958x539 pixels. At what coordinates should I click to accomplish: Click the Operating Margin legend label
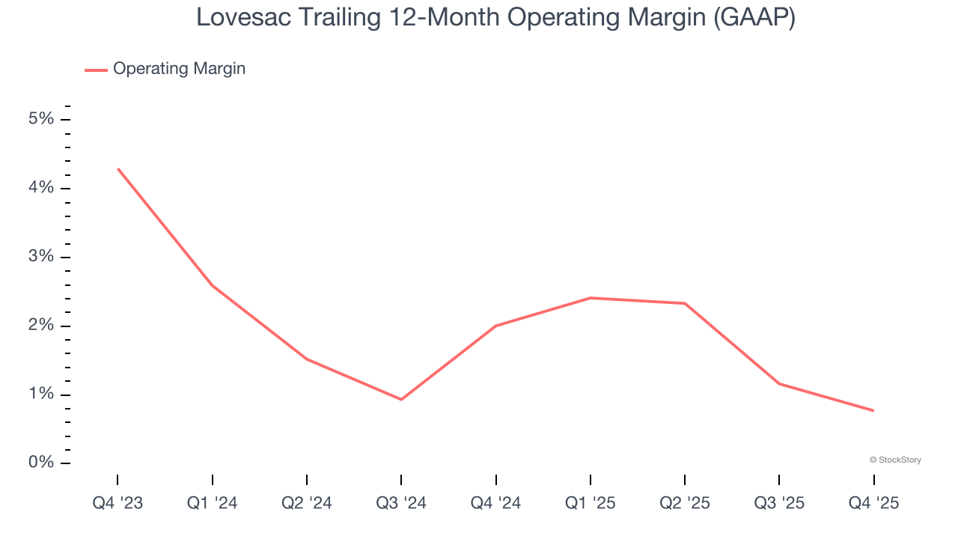coord(179,69)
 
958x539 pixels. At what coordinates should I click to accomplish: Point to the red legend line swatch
coord(96,70)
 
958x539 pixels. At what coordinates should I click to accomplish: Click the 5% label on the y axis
coord(42,119)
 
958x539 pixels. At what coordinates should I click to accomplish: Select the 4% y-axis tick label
coord(42,188)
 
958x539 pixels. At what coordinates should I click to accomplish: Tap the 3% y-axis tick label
coord(42,257)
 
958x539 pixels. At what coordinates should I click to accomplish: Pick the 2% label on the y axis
coord(42,326)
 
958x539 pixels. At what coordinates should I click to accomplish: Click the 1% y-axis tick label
coord(42,395)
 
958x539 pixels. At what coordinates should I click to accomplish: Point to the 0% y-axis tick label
coord(42,463)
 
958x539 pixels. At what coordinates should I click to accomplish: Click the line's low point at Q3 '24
coord(401,399)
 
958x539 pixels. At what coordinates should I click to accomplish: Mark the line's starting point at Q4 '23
coord(118,169)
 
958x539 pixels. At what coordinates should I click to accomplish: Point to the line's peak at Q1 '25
coord(591,298)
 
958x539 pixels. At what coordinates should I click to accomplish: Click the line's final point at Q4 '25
coord(873,410)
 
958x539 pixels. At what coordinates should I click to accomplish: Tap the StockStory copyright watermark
coord(895,460)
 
